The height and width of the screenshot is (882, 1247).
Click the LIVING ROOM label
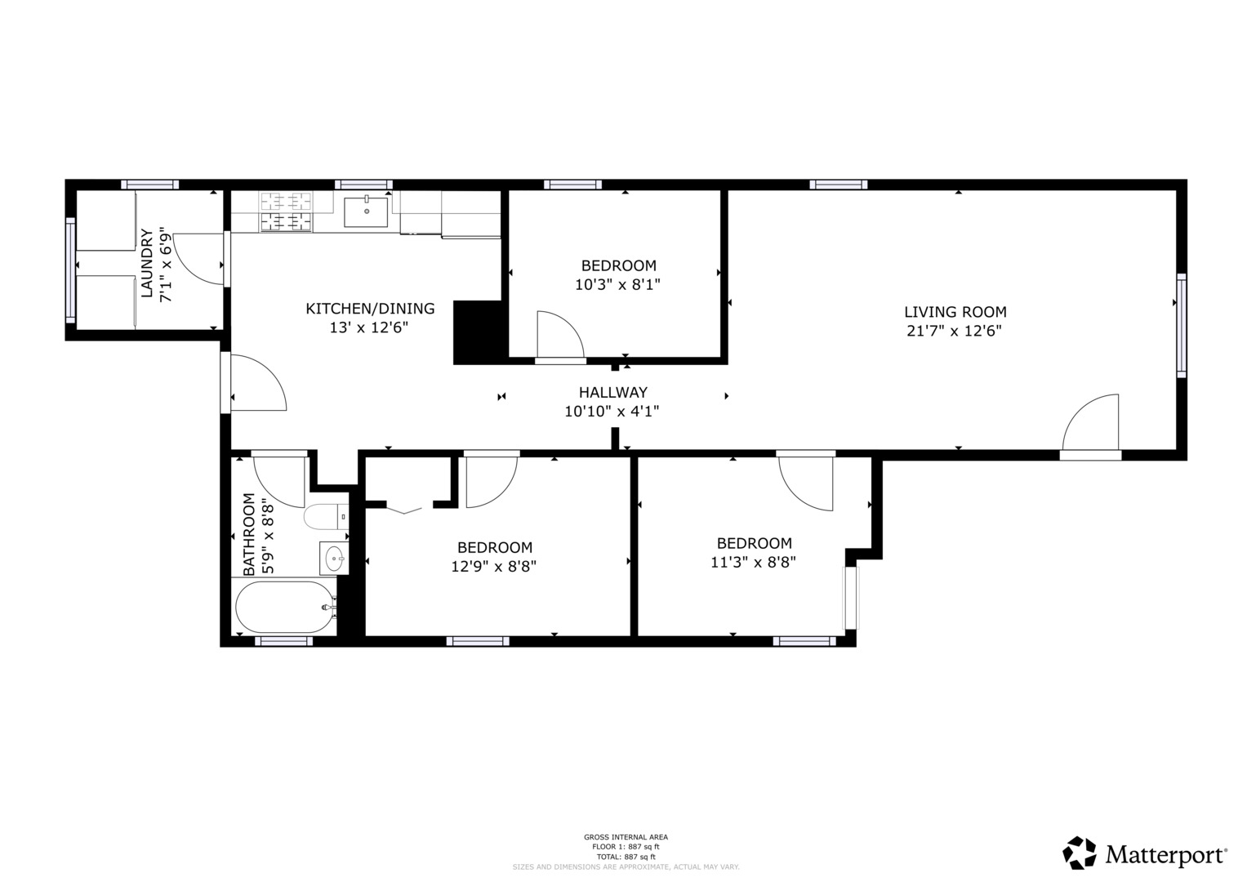pos(955,312)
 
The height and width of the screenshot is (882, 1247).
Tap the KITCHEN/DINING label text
pos(370,309)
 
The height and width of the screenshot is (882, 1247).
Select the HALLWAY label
pos(612,392)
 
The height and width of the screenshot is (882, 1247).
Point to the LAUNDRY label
pos(148,264)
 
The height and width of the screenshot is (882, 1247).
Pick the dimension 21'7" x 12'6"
pos(954,332)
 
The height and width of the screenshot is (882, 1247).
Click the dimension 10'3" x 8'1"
pos(617,285)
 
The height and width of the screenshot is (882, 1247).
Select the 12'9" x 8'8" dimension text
pos(494,566)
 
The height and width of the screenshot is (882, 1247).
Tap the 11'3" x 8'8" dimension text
pos(753,563)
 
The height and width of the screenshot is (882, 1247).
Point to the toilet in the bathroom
pos(325,517)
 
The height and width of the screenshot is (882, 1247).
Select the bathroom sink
pos(333,559)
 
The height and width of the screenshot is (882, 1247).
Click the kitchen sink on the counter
pos(366,212)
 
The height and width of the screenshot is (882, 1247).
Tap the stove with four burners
pos(286,212)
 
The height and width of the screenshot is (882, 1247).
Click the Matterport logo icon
pos(1079,853)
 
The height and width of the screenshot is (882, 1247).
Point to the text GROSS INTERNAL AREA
pos(626,837)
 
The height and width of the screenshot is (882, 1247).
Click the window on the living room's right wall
pos(1181,325)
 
